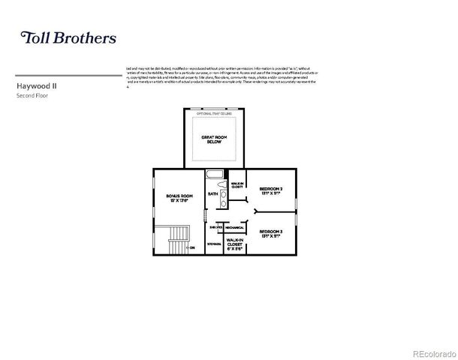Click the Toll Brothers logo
point(68,37)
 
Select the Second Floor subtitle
point(32,97)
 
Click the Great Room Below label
point(215,139)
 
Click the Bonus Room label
point(179,197)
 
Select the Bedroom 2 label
point(271,190)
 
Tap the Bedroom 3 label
point(271,233)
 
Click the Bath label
point(212,193)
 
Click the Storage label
point(214,244)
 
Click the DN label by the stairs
point(192,247)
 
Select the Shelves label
point(215,226)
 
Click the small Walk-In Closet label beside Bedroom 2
point(237,184)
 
